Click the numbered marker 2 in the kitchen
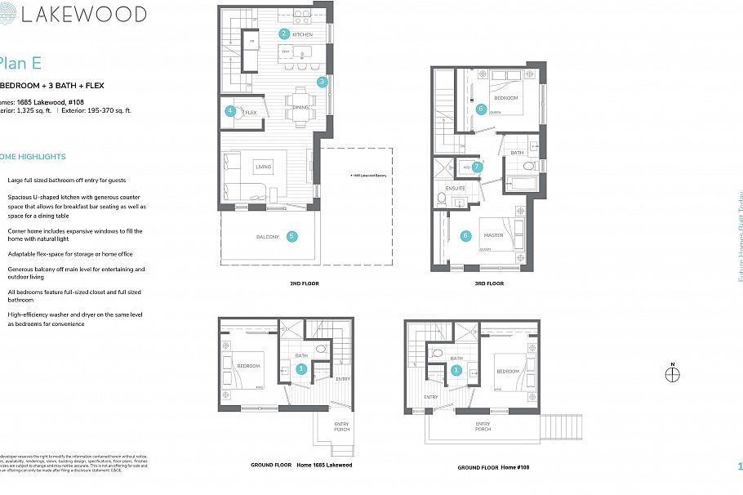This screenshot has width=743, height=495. (284, 33)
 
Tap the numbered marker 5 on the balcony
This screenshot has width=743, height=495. (291, 237)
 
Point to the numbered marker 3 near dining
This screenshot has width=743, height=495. (323, 82)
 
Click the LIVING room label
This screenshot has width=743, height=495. (263, 167)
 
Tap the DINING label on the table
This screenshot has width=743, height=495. (300, 107)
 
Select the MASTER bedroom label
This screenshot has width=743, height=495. (493, 235)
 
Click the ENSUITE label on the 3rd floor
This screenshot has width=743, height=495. (456, 188)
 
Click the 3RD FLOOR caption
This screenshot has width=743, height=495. (490, 283)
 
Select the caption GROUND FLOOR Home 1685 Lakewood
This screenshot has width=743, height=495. (301, 465)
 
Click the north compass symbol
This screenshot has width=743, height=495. (672, 375)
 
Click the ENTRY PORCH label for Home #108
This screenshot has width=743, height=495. (483, 426)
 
